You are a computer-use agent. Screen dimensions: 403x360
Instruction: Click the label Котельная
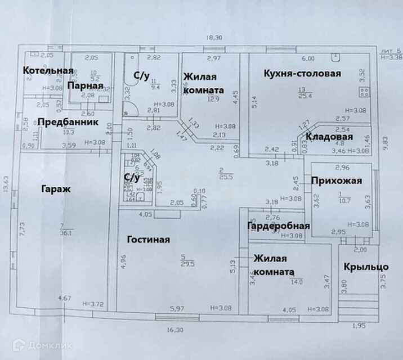point(48,70)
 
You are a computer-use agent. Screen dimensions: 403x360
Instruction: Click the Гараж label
point(55,189)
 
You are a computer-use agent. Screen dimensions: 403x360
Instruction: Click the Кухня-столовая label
point(303,74)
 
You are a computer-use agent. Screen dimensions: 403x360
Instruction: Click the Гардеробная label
point(279,226)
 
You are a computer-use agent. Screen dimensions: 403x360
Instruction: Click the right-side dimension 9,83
point(386,144)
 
